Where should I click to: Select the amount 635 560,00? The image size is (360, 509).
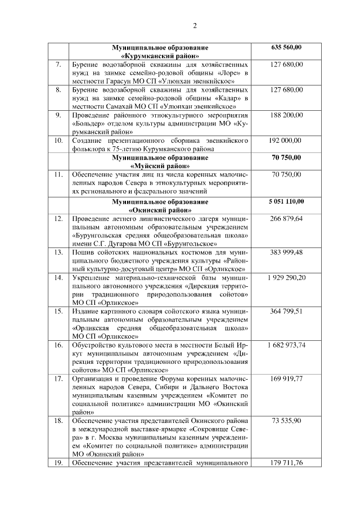click(286, 47)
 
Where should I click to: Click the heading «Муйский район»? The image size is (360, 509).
click(160, 166)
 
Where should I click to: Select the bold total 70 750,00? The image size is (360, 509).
click(286, 157)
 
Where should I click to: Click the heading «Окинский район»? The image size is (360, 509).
click(160, 209)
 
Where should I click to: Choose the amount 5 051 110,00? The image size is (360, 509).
click(286, 200)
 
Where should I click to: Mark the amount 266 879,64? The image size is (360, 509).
click(286, 218)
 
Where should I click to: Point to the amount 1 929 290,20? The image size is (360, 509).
click(286, 277)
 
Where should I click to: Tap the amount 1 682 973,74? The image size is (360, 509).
click(286, 345)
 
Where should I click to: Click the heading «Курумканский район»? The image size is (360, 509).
click(160, 56)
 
